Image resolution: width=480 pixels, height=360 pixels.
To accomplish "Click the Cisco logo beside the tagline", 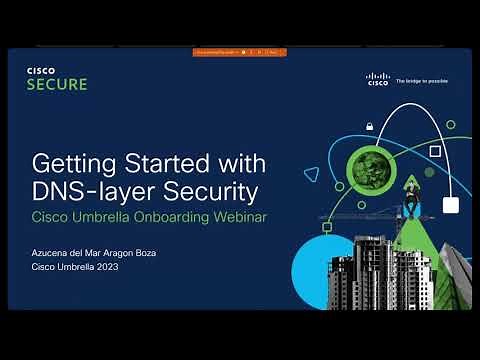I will tap(378, 79).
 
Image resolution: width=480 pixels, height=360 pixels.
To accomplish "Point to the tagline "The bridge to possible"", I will tap(422, 81).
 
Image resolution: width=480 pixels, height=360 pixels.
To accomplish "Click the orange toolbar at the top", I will tap(239, 52).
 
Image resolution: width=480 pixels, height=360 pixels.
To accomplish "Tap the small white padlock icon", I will tap(370, 126).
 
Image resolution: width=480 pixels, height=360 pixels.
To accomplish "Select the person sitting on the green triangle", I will tap(410, 205).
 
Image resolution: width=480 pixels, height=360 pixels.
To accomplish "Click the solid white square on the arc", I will tap(450, 206).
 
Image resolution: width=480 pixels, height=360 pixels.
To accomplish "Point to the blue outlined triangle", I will tap(311, 174).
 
